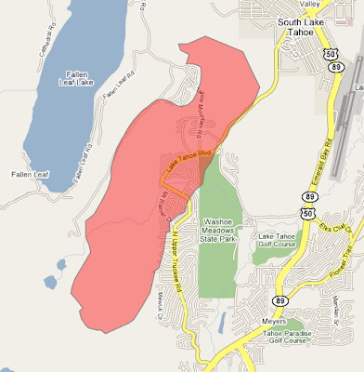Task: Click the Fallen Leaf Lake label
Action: (x=72, y=79)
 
